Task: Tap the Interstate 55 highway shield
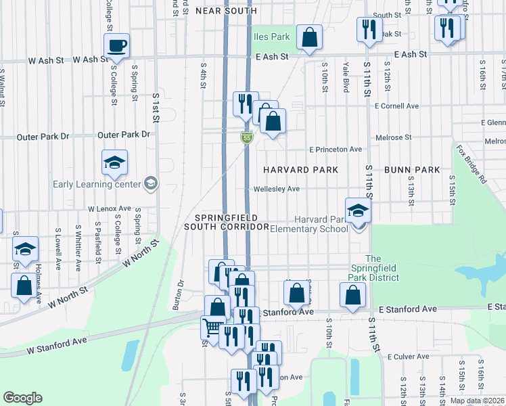(248, 138)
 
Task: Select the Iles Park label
(272, 37)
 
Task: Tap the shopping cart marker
(212, 328)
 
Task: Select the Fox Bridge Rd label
(471, 165)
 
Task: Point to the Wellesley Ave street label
(276, 189)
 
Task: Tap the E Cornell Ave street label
(397, 106)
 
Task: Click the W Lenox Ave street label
(109, 209)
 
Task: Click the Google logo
(22, 398)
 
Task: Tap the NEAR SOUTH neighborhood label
(226, 11)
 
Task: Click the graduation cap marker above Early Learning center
(115, 161)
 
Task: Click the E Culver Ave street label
(409, 356)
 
